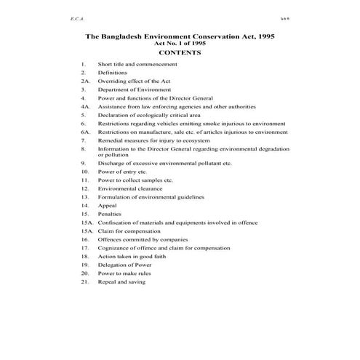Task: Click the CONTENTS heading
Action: (179, 52)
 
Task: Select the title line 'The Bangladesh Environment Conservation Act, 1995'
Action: (179, 35)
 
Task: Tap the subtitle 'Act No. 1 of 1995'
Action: (179, 43)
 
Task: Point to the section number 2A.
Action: (85, 81)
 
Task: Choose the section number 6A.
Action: (85, 132)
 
